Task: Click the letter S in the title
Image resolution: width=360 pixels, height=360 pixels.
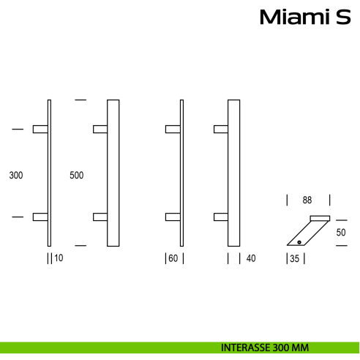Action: (x=343, y=17)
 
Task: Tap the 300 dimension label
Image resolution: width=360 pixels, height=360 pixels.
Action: (x=16, y=176)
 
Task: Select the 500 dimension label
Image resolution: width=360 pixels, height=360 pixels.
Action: (x=76, y=176)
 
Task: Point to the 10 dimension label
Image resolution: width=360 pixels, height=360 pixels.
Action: (x=59, y=258)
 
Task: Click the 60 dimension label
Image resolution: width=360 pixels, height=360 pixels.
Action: (x=174, y=258)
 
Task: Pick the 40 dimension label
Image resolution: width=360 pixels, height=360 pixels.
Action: (x=251, y=258)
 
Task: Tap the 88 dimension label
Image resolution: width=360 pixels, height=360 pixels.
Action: (x=307, y=200)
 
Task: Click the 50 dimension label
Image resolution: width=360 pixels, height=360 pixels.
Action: (x=340, y=233)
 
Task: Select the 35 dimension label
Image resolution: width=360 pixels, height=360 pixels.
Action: (x=294, y=258)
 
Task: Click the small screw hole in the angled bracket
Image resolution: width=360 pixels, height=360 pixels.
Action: (x=299, y=241)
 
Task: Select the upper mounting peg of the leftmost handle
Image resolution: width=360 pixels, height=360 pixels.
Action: (x=40, y=130)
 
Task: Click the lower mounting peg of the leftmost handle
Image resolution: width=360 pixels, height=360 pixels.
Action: (x=40, y=217)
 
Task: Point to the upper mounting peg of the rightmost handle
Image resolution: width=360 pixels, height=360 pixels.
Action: (x=220, y=130)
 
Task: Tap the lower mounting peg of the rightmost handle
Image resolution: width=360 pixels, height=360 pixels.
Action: (x=220, y=217)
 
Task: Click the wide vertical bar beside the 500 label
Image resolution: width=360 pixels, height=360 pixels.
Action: (x=113, y=173)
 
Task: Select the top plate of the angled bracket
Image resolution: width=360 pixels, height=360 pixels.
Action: (x=320, y=217)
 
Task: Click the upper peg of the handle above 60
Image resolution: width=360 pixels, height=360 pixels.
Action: (x=173, y=130)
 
